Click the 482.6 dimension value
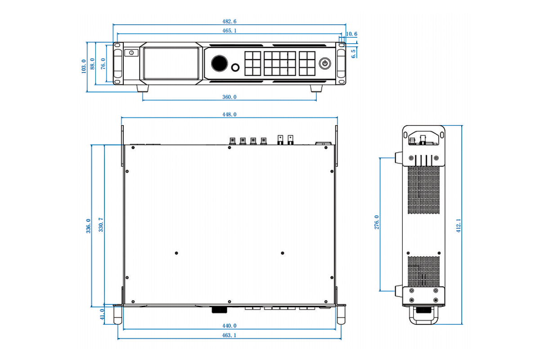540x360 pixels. click(229, 21)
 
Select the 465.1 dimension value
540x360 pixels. click(229, 31)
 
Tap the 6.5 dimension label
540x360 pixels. click(354, 53)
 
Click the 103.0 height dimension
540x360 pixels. click(83, 66)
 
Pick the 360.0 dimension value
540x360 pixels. click(229, 97)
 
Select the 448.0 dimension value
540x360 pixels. click(229, 115)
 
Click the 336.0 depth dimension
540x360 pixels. click(89, 226)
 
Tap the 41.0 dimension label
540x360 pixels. click(102, 314)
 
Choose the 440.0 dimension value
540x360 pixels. click(229, 325)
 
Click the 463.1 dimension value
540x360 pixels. click(229, 335)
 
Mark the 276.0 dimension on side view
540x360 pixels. click(377, 222)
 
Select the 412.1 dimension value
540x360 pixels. click(459, 225)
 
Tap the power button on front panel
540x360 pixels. click(324, 63)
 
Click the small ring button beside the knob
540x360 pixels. click(235, 68)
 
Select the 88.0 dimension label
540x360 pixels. click(93, 63)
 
